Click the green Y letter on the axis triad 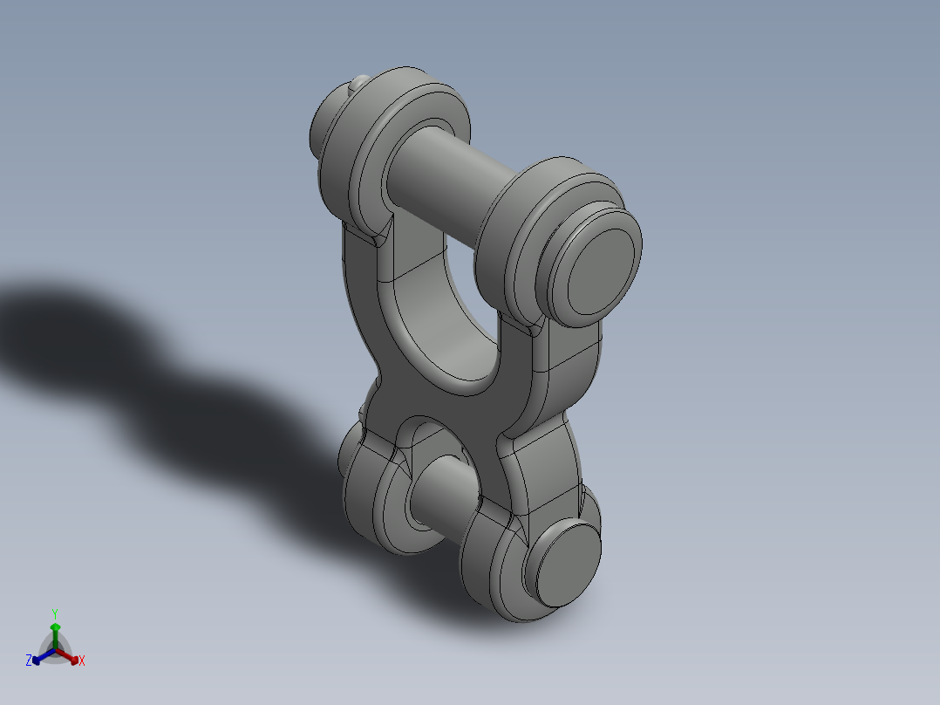tap(54, 613)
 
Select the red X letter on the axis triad tap(82, 661)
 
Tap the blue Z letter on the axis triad tap(29, 661)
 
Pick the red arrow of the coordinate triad tap(72, 656)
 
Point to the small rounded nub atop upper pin tap(358, 83)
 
